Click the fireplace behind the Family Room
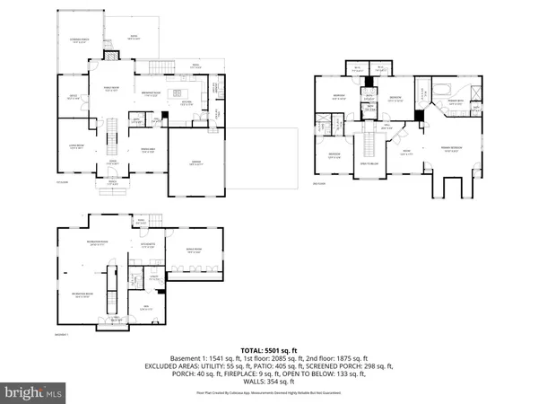pyautogui.click(x=111, y=54)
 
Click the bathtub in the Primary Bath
pyautogui.click(x=446, y=88)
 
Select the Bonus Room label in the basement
pyautogui.click(x=193, y=251)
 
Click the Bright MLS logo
pyautogui.click(x=33, y=392)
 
